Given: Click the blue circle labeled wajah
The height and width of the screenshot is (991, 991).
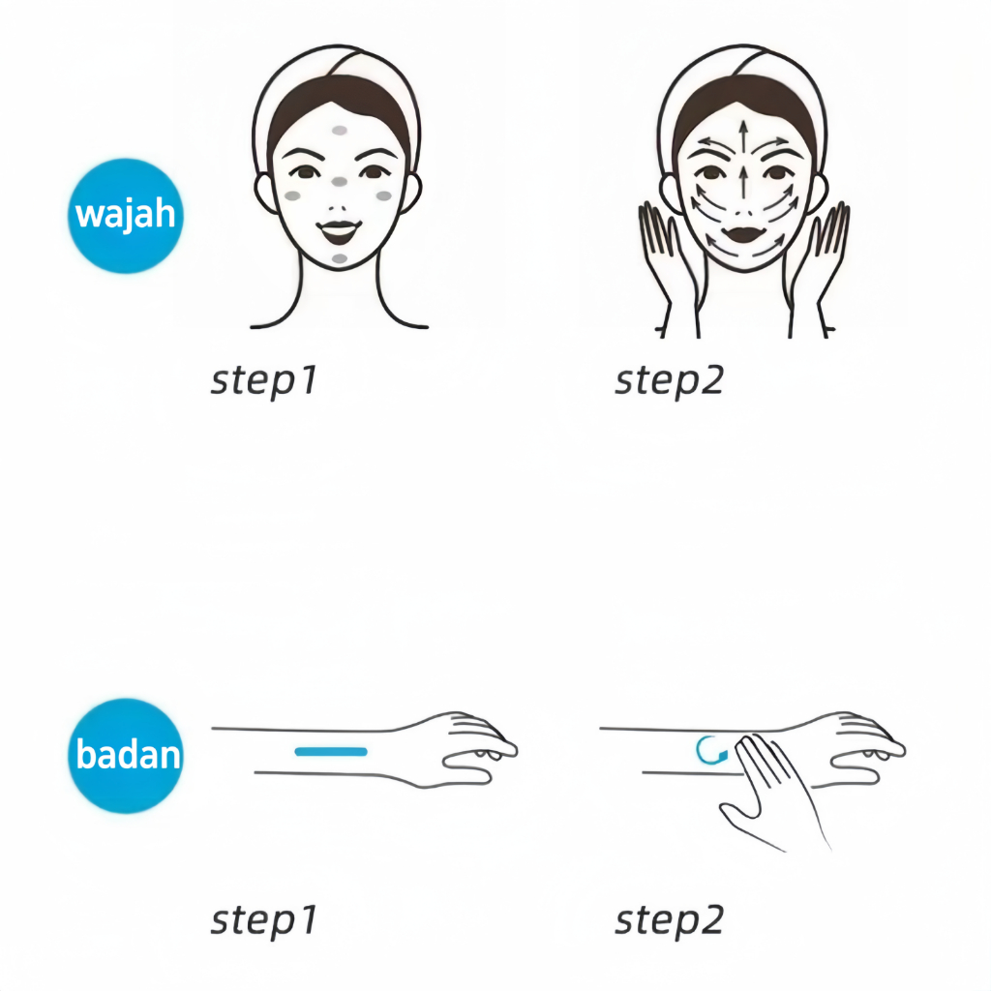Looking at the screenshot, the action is (126, 216).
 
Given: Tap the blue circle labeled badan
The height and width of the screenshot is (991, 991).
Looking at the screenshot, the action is (126, 755).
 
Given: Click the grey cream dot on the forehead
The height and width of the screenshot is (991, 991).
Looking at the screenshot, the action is (340, 131).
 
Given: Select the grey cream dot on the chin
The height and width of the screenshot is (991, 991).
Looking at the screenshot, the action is (340, 258).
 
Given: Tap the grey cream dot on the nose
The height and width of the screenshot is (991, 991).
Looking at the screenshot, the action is (340, 182).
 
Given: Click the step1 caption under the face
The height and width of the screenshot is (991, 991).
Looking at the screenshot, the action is (263, 380).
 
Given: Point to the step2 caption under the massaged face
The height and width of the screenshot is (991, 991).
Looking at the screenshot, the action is (670, 380).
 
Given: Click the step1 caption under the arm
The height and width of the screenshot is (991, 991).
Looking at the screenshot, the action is (263, 920).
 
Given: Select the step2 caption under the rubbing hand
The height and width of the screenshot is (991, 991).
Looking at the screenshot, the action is (670, 920).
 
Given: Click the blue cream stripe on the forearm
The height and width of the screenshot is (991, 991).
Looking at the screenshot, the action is (331, 751).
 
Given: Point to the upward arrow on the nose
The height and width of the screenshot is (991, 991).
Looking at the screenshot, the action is (744, 182).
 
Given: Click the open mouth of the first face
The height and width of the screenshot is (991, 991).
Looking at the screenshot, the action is (340, 232).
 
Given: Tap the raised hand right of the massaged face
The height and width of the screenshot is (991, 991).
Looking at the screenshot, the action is (819, 265).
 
